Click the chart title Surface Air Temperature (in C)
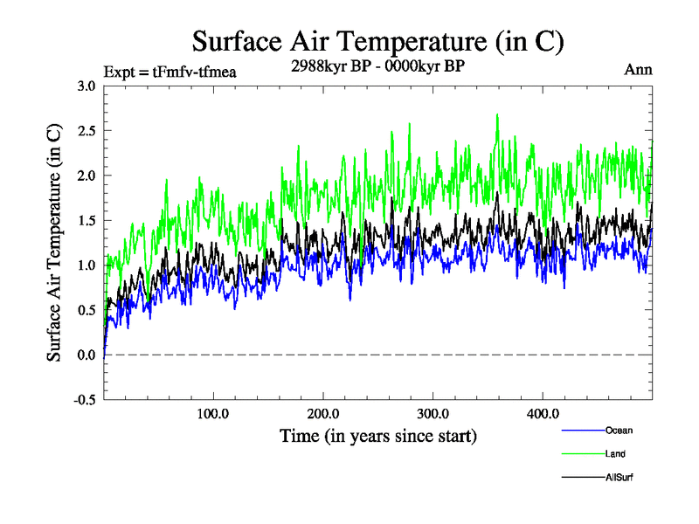point(378,41)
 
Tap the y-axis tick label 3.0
point(87,86)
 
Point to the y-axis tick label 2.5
point(87,130)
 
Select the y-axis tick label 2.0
point(87,176)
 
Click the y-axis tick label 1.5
point(87,220)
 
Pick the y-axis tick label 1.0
point(87,265)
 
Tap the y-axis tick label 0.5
point(87,310)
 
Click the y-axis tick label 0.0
point(87,355)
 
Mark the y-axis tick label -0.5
point(85,400)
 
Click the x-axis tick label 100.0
point(213,413)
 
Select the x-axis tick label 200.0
point(323,413)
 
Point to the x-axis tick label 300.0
point(433,413)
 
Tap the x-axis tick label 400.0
point(543,413)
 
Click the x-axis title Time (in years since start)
point(378,435)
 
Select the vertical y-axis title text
point(54,243)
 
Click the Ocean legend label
point(619,430)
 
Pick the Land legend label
point(615,454)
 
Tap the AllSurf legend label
point(619,478)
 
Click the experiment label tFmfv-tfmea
point(170,71)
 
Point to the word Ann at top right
point(639,69)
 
